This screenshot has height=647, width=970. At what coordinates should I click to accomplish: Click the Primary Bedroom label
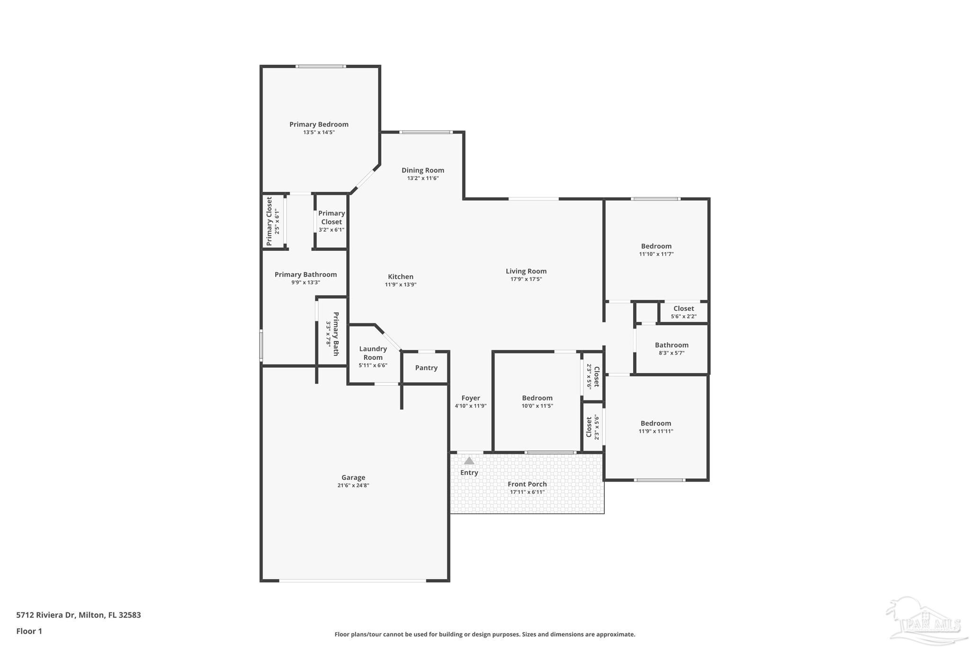pyautogui.click(x=319, y=125)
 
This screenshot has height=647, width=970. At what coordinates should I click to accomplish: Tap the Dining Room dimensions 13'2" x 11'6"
pyautogui.click(x=422, y=179)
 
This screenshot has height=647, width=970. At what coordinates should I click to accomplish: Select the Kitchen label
pyautogui.click(x=401, y=277)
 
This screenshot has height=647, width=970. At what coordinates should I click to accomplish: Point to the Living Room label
pyautogui.click(x=526, y=271)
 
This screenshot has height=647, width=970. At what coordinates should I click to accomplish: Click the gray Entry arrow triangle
pyautogui.click(x=469, y=461)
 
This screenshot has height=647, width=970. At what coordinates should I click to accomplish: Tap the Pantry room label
pyautogui.click(x=426, y=368)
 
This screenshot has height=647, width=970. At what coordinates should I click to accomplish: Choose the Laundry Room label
pyautogui.click(x=373, y=353)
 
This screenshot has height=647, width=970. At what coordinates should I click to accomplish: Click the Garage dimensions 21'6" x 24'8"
pyautogui.click(x=353, y=485)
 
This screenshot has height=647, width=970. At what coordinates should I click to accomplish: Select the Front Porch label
pyautogui.click(x=527, y=484)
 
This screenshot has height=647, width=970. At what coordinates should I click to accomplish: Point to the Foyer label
pyautogui.click(x=470, y=398)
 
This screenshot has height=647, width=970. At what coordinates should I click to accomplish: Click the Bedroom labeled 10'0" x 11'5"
pyautogui.click(x=537, y=398)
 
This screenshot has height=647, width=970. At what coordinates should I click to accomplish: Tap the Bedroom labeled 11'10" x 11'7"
pyautogui.click(x=656, y=246)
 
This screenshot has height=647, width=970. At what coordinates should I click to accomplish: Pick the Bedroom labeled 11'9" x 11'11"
pyautogui.click(x=656, y=424)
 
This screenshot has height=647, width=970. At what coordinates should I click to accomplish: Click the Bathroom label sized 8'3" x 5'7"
pyautogui.click(x=672, y=345)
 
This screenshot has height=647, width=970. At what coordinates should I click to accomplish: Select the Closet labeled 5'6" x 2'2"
pyautogui.click(x=683, y=309)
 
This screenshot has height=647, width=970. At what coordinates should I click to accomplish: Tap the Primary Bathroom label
pyautogui.click(x=305, y=274)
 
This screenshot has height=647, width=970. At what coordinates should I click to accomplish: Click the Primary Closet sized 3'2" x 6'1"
pyautogui.click(x=331, y=218)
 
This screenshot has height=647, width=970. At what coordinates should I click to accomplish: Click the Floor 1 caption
pyautogui.click(x=29, y=631)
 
